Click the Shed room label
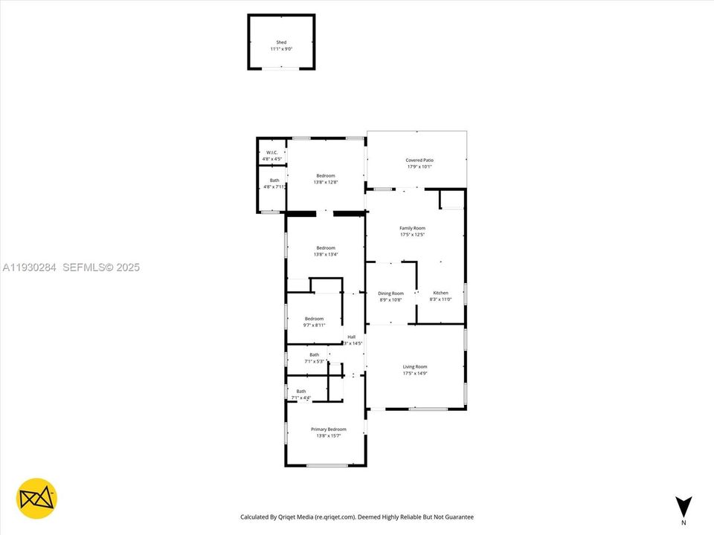(x=281, y=42)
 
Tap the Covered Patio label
(x=419, y=160)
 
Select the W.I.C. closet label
(x=271, y=152)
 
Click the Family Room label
(x=412, y=228)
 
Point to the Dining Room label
(x=390, y=294)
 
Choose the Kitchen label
(x=441, y=294)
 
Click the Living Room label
(x=415, y=366)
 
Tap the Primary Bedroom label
(x=328, y=429)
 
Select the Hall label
(x=352, y=337)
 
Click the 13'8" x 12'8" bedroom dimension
(x=326, y=182)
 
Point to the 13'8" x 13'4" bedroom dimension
(x=326, y=254)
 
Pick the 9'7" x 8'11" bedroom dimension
(x=314, y=325)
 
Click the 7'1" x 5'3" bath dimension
(x=314, y=361)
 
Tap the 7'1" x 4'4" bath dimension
(x=300, y=398)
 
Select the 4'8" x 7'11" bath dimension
(x=274, y=187)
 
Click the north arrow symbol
(x=684, y=505)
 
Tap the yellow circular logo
(x=36, y=498)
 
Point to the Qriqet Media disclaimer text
(x=356, y=517)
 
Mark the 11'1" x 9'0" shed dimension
(x=281, y=49)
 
